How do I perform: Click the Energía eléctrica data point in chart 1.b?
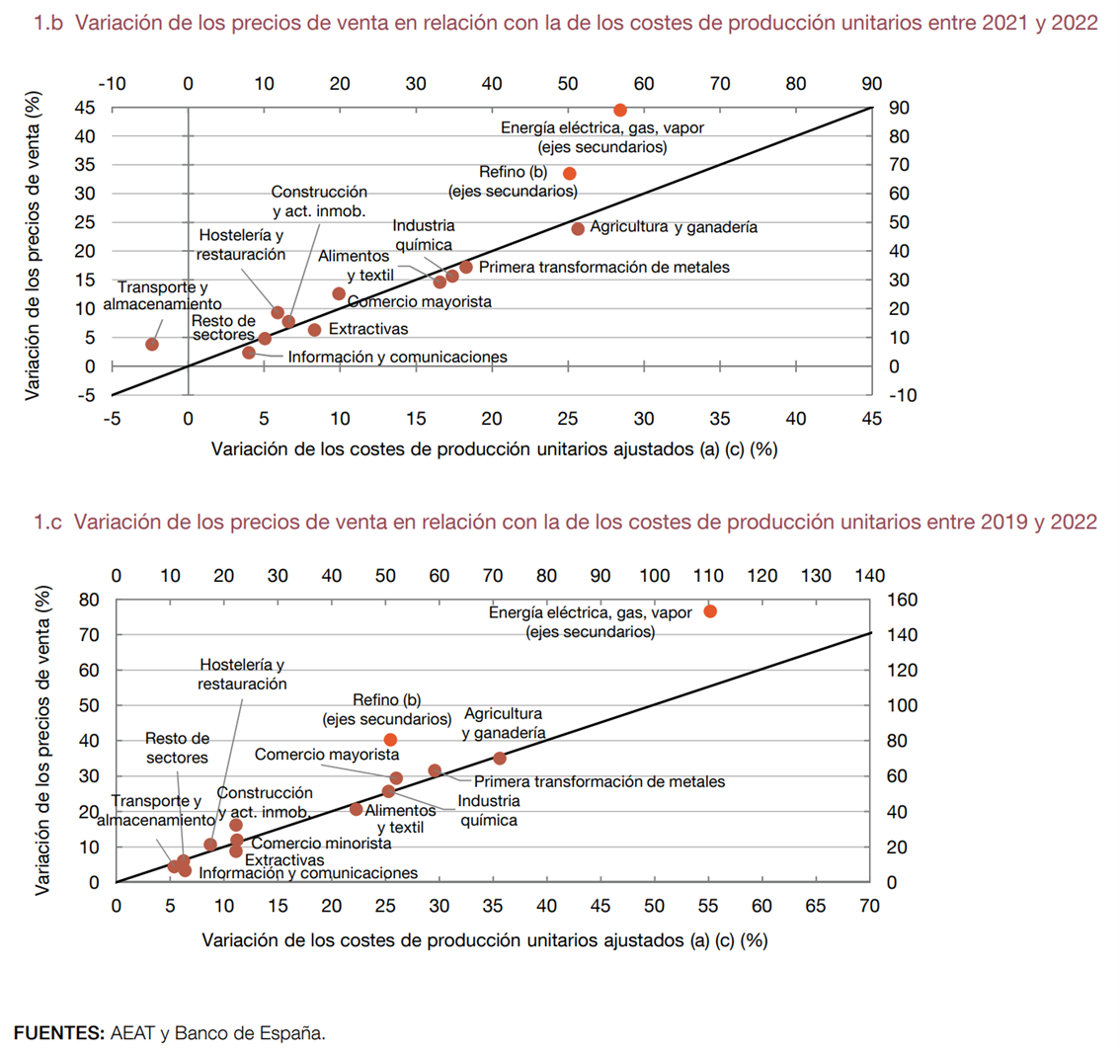620,110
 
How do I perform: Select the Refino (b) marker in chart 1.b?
570,173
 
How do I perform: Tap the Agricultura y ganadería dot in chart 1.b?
579,228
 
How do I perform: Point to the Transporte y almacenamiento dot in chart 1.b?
152,344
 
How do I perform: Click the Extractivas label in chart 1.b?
367,329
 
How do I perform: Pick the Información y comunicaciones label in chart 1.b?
398,357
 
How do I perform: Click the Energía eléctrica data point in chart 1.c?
710,611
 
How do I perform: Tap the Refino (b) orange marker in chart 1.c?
390,740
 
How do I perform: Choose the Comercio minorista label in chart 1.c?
321,844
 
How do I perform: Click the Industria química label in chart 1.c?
489,810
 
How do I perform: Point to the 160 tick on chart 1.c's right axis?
905,599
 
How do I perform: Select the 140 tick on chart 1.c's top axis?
870,575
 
